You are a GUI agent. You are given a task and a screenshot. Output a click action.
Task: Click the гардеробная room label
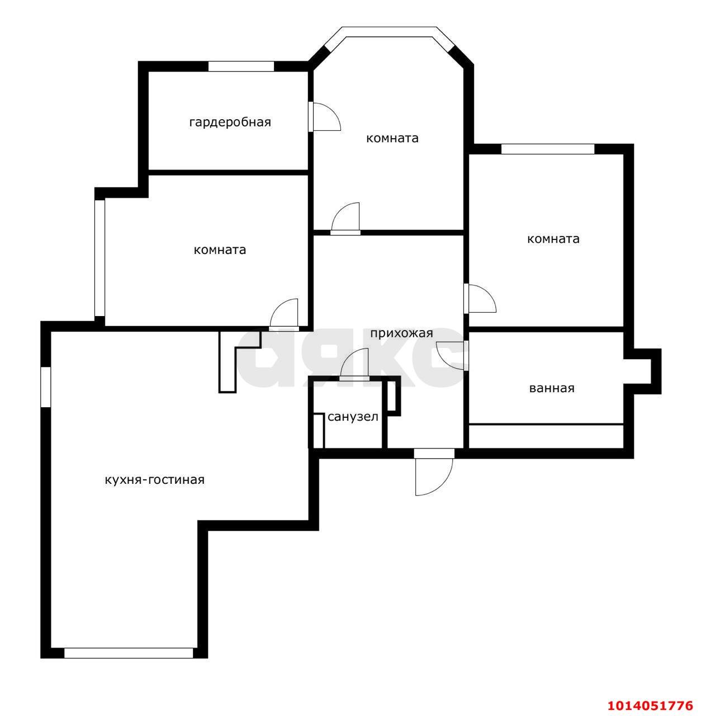[x=230, y=122]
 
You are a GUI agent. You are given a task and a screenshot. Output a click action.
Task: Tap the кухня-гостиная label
[x=154, y=480]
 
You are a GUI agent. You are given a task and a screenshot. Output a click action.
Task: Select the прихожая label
[x=401, y=333]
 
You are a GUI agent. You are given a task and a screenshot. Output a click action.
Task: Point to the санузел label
[x=353, y=417]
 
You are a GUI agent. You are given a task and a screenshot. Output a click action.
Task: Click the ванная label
[x=551, y=388]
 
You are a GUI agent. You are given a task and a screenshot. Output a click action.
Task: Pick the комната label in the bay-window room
[x=392, y=138]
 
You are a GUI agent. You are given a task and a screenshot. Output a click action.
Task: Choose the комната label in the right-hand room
[x=553, y=239]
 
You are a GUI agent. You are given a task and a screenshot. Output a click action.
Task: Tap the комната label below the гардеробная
[x=220, y=250]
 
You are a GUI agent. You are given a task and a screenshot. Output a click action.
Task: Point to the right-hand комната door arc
[x=481, y=299]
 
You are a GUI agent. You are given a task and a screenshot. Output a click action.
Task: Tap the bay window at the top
[x=390, y=32]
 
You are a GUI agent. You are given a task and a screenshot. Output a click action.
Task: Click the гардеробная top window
[x=241, y=66]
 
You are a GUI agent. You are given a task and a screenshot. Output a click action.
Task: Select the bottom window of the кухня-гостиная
[x=128, y=653]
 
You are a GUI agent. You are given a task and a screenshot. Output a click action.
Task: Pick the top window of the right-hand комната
[x=547, y=149]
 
